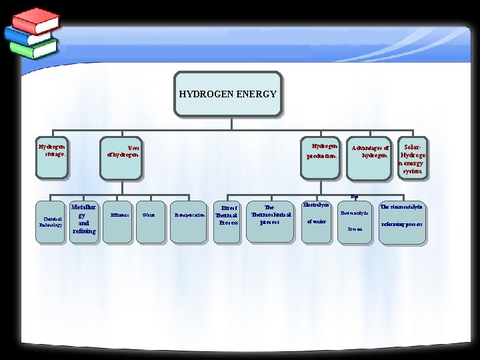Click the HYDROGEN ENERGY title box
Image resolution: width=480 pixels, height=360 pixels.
pyautogui.click(x=228, y=94)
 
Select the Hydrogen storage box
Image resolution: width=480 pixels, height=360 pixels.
pyautogui.click(x=52, y=158)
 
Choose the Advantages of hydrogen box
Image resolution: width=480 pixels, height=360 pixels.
pyautogui.click(x=369, y=159)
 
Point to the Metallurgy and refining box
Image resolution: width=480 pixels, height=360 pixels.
pyautogui.click(x=84, y=219)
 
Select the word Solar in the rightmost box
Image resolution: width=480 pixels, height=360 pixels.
pyautogui.click(x=413, y=147)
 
